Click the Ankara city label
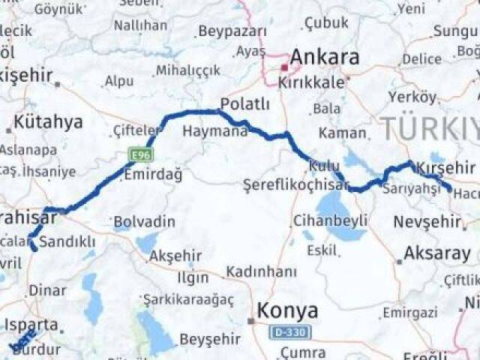point(324,57)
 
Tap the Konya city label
point(287,310)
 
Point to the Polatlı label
point(244,103)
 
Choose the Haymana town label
point(214,131)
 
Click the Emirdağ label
point(153,175)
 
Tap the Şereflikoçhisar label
point(296,184)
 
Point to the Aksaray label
point(436,253)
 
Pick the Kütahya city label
point(48,122)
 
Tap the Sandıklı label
point(67,241)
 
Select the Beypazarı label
point(232,31)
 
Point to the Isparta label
point(31,325)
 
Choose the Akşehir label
point(176,256)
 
